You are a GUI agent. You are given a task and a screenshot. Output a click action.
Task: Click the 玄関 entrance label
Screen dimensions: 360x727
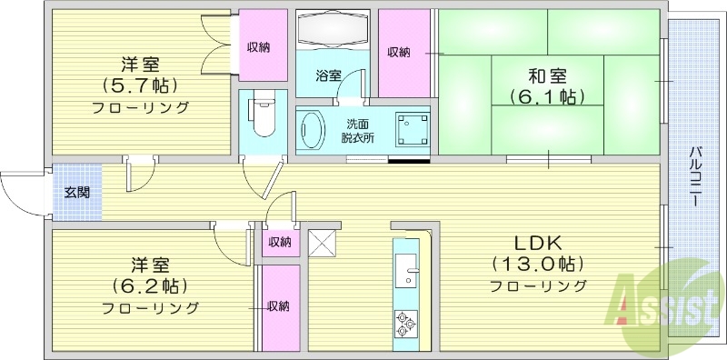pyautogui.click(x=76, y=193)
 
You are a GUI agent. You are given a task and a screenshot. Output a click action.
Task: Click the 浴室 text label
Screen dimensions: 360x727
pyautogui.click(x=328, y=75)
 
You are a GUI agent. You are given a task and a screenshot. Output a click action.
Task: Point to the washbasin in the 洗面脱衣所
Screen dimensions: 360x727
pyautogui.click(x=312, y=129)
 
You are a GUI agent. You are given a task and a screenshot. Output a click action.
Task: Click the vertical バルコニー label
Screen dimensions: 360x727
pyautogui.click(x=694, y=176)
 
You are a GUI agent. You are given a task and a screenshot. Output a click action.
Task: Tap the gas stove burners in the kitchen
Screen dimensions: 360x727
pyautogui.click(x=406, y=323)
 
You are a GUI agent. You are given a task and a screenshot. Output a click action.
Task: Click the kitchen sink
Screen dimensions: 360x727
pyautogui.click(x=406, y=268)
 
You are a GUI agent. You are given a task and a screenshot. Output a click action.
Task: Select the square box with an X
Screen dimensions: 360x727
pyautogui.click(x=323, y=243)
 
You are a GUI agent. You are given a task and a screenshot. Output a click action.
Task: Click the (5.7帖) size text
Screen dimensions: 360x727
pyautogui.click(x=141, y=85)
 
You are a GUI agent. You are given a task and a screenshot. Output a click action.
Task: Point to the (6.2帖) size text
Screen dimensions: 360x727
pyautogui.click(x=150, y=286)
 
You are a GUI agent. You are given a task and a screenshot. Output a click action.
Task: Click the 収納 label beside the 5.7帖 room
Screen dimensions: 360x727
pyautogui.click(x=259, y=47)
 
